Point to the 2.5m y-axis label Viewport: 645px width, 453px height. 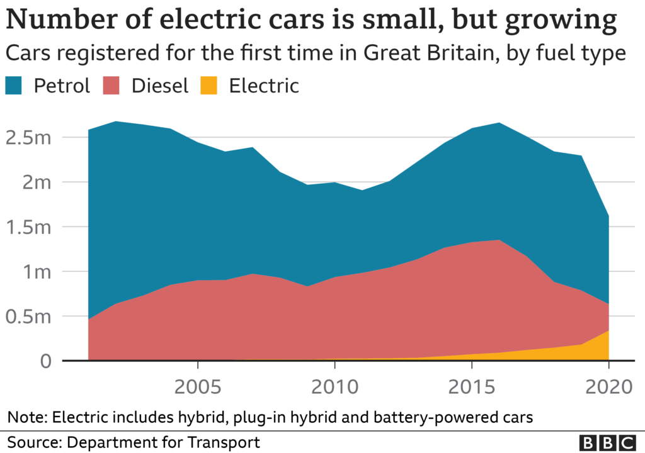(x=29, y=137)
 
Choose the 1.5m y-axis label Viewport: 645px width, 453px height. (x=29, y=226)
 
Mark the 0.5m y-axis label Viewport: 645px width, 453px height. (x=29, y=316)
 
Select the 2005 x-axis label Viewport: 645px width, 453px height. (x=198, y=385)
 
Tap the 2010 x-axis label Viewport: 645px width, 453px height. (x=335, y=385)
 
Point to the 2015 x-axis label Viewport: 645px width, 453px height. (x=472, y=385)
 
